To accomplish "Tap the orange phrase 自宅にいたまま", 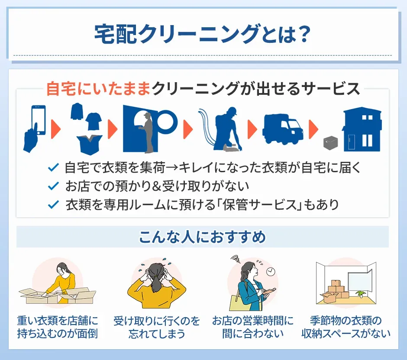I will [98, 89].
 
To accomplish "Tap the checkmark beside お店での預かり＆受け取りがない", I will [53, 186].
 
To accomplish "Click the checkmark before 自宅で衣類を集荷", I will [53, 167].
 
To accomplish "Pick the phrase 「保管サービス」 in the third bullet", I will [258, 205].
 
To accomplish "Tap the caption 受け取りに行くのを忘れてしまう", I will [156, 327].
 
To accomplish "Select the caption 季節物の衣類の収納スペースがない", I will [346, 327].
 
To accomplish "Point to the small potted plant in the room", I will [360, 294].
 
